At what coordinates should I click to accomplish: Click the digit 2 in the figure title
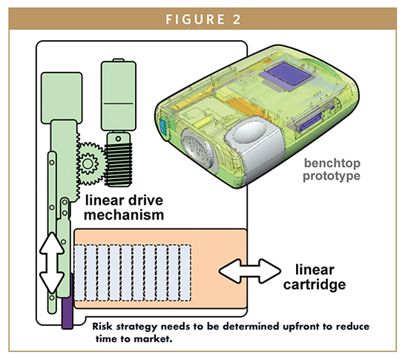(236, 19)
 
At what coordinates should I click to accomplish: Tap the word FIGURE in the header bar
(195, 19)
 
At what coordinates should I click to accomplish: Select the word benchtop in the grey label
(332, 164)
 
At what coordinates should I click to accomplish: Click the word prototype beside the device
(332, 176)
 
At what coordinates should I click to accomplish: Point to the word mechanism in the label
(124, 215)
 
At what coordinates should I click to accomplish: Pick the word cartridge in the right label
(315, 284)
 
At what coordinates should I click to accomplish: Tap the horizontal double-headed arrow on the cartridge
(250, 271)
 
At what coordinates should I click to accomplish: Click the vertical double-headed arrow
(52, 263)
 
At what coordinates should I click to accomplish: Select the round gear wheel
(88, 163)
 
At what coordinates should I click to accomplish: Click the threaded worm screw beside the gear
(119, 164)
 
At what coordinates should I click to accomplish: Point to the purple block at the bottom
(67, 302)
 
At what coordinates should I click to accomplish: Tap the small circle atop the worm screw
(118, 139)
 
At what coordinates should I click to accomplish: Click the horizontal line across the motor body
(119, 104)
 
